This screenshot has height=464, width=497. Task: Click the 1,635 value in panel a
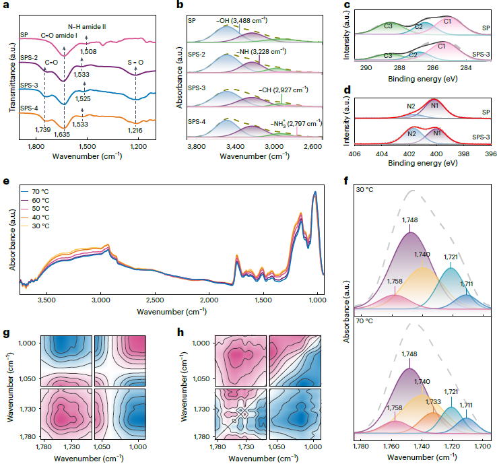click(63, 133)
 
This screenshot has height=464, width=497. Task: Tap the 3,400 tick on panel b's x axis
click(235, 145)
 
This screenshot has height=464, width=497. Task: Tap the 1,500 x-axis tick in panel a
click(87, 145)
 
